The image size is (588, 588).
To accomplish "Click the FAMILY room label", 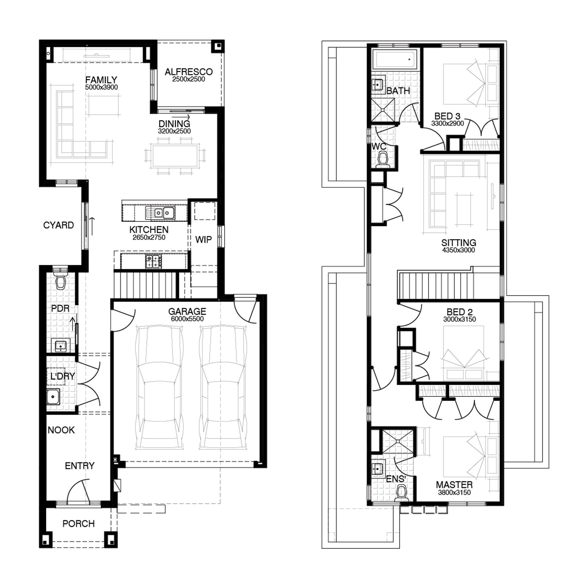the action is [x=101, y=80].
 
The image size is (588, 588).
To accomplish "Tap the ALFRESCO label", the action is [x=189, y=72].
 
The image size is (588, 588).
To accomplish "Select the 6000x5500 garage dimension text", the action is [x=187, y=319].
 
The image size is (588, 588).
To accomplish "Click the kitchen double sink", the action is [x=160, y=213].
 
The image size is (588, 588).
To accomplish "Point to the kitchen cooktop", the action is [x=154, y=261].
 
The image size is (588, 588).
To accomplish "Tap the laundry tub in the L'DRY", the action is [x=53, y=397].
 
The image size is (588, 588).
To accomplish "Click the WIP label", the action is [x=203, y=240].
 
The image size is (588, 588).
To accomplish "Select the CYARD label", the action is [x=58, y=225].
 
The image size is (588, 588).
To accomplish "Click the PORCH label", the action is [x=78, y=524].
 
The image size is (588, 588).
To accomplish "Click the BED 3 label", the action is [x=447, y=116].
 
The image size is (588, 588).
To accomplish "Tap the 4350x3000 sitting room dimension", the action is [x=458, y=250].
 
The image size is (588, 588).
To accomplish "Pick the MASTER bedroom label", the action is [x=454, y=485].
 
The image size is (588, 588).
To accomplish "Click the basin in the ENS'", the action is [x=378, y=469].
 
